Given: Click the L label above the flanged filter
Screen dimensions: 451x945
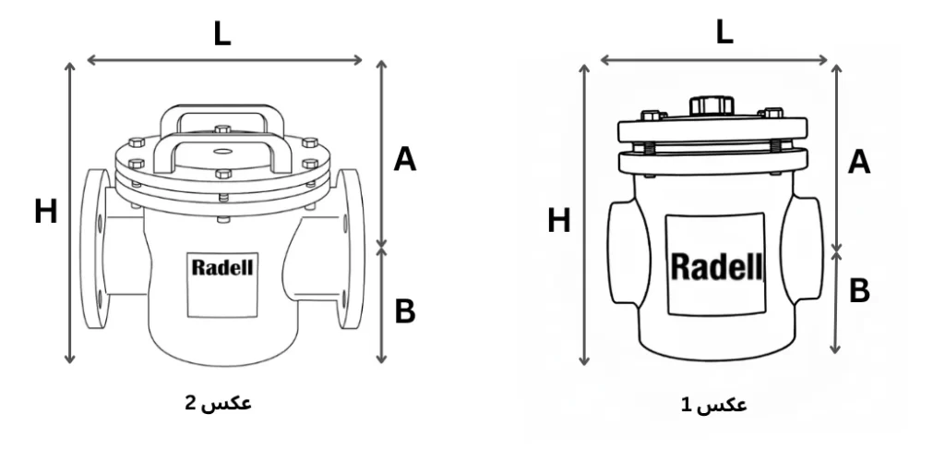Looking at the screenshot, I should (x=221, y=34).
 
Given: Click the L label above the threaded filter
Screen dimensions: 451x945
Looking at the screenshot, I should (x=724, y=33).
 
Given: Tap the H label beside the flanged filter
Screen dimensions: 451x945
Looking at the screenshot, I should (x=46, y=213).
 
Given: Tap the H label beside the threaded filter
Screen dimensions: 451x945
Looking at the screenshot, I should (x=559, y=221).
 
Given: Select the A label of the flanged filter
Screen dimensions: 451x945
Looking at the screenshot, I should (x=405, y=160).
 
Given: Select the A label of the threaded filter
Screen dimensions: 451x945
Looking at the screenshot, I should (x=859, y=163).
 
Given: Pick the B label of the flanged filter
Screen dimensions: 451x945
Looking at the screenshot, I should (x=405, y=312).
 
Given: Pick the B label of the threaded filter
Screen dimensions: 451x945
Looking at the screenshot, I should (x=859, y=291).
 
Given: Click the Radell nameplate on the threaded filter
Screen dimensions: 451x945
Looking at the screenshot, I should (x=717, y=267).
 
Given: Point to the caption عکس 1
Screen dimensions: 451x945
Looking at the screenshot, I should (x=714, y=406).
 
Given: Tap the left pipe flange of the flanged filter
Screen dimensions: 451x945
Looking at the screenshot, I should (x=92, y=250).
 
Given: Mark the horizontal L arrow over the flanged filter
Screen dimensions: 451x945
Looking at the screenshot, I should (x=225, y=61).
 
